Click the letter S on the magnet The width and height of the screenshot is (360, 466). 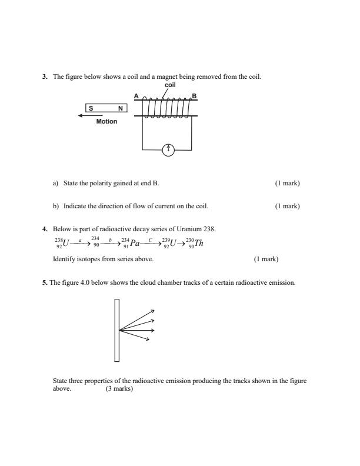click(91, 108)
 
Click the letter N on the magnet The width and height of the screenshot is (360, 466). click(121, 108)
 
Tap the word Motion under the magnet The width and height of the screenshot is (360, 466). click(107, 122)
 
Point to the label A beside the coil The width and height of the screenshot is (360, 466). click(136, 96)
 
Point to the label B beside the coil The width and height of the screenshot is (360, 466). click(194, 96)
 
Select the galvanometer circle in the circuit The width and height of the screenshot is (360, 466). click(168, 151)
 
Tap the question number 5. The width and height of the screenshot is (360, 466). click(44, 282)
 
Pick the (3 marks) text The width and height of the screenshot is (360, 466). click(119, 389)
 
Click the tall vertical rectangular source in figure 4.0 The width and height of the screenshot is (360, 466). click(117, 330)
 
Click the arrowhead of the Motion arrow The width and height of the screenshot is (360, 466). click(81, 115)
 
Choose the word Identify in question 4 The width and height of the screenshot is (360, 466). click(63, 259)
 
